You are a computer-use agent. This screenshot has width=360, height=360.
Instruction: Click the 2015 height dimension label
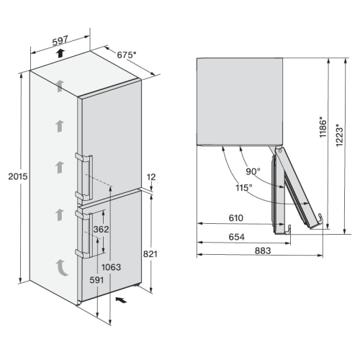point(18,176)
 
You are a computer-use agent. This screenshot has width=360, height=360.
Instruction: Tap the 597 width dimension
point(60,40)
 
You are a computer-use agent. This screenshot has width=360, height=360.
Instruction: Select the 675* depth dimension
point(127,55)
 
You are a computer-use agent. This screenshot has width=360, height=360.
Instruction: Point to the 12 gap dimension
point(151,177)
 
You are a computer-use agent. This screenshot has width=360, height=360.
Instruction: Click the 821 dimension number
point(150,253)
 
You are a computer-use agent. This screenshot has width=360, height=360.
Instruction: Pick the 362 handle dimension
point(101,230)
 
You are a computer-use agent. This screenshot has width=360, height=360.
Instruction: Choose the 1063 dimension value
point(111,267)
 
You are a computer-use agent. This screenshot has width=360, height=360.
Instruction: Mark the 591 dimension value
point(96,280)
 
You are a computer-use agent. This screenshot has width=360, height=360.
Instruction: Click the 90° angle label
point(253,171)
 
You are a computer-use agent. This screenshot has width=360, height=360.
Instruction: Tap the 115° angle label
point(244,187)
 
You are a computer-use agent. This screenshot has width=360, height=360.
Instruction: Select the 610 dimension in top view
point(236,218)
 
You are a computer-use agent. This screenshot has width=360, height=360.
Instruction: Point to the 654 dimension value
point(237,237)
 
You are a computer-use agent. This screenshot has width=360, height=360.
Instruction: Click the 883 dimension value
point(263,251)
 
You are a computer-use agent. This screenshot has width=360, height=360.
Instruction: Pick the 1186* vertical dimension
point(323,127)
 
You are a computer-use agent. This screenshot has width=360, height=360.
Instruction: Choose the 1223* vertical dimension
point(340,135)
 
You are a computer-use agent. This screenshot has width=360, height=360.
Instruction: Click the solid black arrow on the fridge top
point(60,53)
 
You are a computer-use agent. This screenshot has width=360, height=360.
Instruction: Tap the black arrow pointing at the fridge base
point(121,300)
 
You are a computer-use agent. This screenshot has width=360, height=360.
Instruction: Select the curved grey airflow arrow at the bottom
point(60,269)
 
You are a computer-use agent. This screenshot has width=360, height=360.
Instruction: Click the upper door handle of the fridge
point(84,177)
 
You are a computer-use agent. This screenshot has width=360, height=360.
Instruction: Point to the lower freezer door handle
point(84,233)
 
